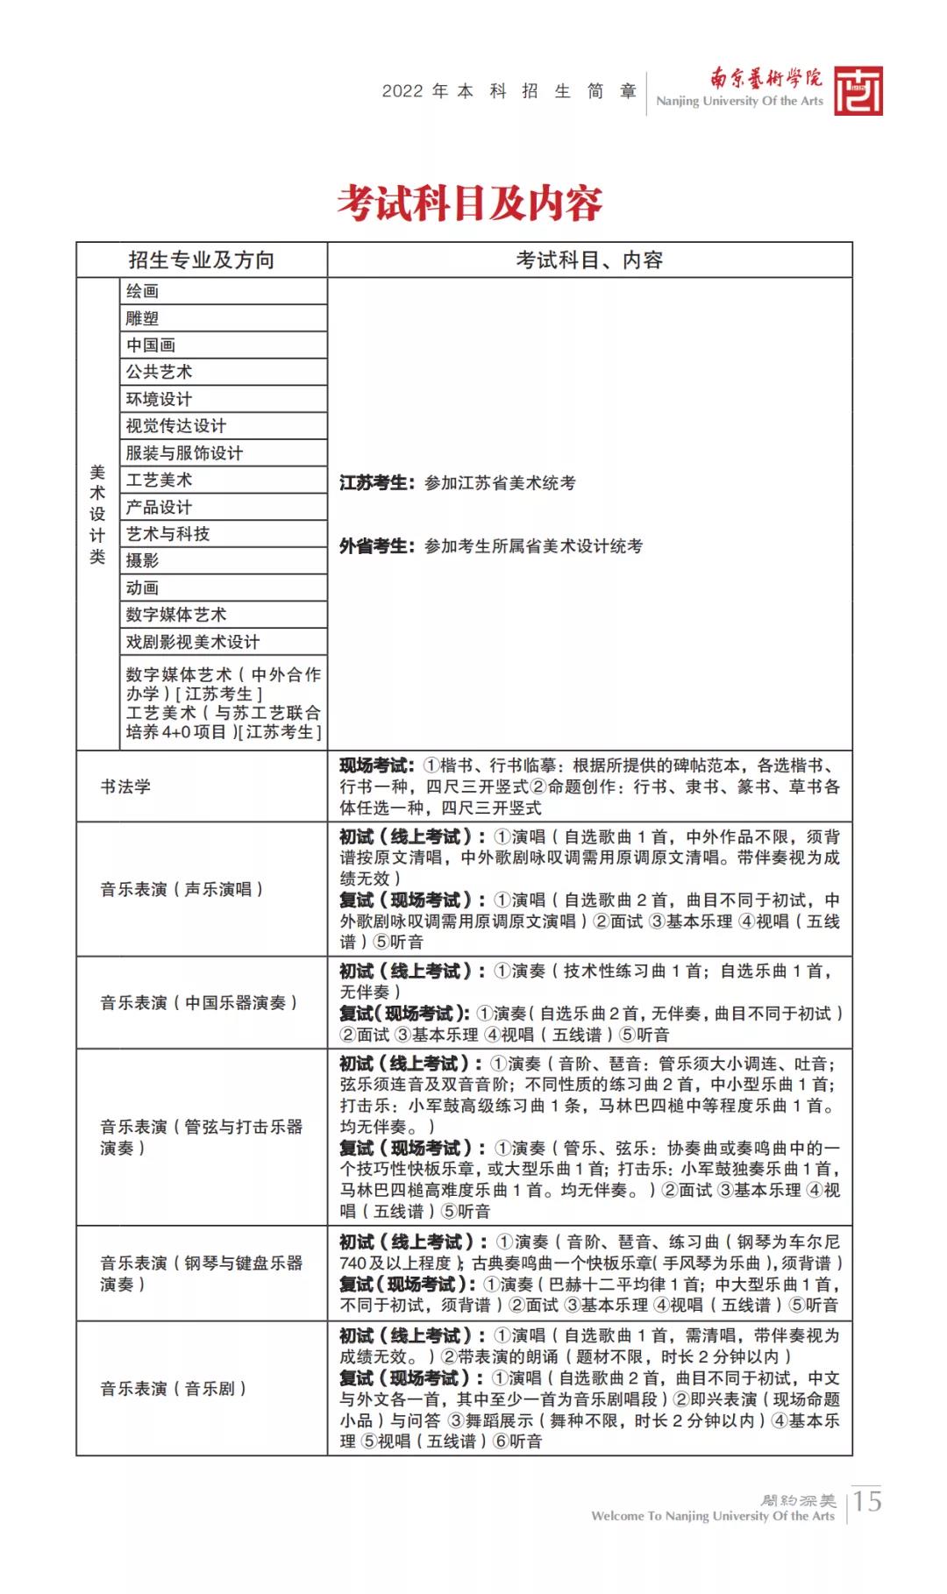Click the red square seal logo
click(858, 91)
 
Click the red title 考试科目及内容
click(471, 203)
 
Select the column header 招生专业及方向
click(202, 260)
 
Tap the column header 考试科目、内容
click(589, 260)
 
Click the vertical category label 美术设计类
click(97, 515)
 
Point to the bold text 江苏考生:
click(374, 483)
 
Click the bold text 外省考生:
click(374, 546)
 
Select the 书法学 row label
click(125, 786)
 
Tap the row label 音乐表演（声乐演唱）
click(182, 890)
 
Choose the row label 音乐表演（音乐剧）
click(173, 1389)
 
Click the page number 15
click(867, 1501)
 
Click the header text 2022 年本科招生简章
click(509, 91)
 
